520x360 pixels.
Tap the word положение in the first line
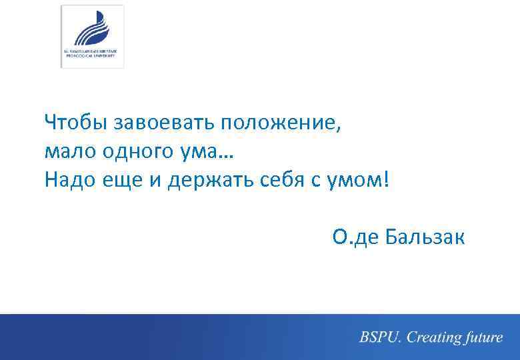279,123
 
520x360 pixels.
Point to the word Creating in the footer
435,337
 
